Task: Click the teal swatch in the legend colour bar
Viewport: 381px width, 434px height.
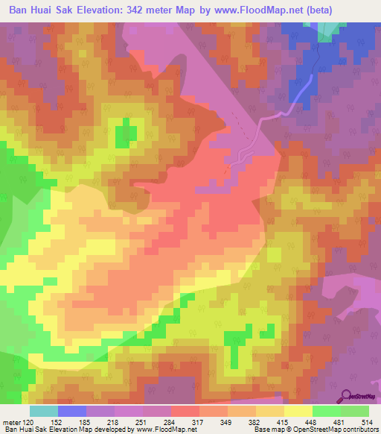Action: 44,411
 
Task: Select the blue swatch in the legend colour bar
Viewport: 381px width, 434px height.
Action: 72,411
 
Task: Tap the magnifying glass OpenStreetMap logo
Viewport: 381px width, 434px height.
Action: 346,394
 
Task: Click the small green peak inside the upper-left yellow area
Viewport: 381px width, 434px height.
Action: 126,130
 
